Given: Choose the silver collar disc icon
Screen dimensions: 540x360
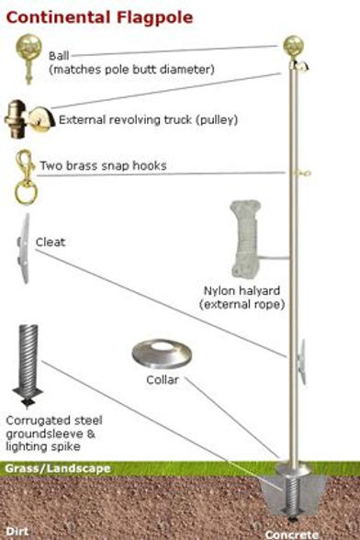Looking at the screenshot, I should [x=163, y=354].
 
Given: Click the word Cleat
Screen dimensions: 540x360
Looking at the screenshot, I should [x=51, y=242].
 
